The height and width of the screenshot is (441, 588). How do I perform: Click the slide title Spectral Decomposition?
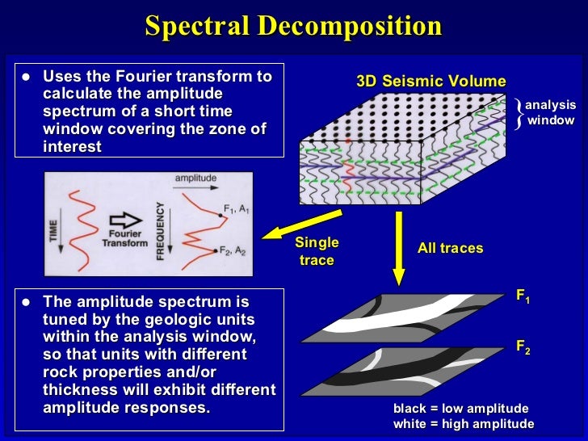(x=293, y=26)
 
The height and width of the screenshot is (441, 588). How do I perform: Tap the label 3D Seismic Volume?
(x=431, y=82)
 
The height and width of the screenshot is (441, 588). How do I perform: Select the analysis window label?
(x=550, y=113)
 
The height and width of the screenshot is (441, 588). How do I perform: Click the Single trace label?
(x=317, y=251)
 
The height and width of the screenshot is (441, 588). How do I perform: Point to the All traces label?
(x=450, y=248)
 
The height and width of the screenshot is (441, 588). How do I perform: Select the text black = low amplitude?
(x=460, y=409)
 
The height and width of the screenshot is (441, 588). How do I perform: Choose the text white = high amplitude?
(x=463, y=424)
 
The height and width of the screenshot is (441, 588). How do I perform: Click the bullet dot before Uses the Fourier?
(x=25, y=78)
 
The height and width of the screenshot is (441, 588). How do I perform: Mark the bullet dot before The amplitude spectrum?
(x=25, y=302)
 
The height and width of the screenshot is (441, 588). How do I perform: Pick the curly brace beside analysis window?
(x=518, y=113)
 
